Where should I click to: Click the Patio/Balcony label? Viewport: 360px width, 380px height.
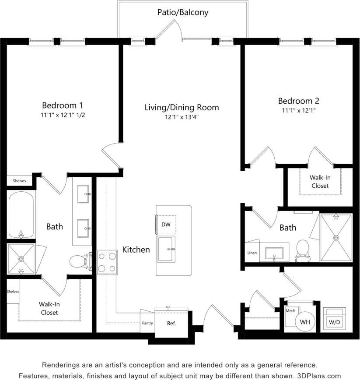[183, 12]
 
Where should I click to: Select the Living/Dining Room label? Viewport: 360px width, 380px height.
[182, 107]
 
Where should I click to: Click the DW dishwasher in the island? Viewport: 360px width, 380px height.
[166, 224]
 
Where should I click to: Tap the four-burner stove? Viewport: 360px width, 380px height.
[107, 262]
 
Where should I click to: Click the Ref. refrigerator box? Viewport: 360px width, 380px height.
[171, 324]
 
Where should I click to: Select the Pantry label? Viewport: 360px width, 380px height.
[147, 324]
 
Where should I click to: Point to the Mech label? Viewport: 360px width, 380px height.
[290, 310]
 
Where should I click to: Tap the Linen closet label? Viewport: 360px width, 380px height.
[252, 253]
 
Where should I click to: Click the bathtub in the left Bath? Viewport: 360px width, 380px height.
[21, 215]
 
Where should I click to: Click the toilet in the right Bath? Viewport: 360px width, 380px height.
[302, 250]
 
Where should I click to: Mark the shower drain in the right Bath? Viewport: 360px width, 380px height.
[336, 238]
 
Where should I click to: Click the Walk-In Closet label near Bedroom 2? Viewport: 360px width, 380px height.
[319, 182]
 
